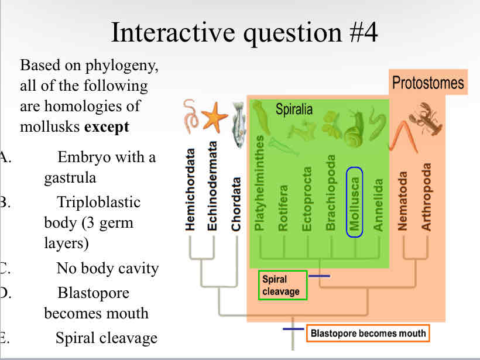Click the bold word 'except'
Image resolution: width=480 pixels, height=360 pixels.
click(107, 126)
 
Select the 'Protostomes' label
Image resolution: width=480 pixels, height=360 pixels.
click(427, 83)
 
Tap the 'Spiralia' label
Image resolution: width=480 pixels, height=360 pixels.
click(294, 109)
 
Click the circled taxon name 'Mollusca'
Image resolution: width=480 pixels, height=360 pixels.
click(355, 202)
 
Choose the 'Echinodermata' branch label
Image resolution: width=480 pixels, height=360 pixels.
click(212, 187)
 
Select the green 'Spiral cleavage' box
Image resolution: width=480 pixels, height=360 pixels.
click(282, 285)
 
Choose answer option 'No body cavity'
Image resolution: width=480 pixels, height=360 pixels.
click(107, 268)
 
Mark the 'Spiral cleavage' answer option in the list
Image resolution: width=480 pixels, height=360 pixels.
click(107, 338)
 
